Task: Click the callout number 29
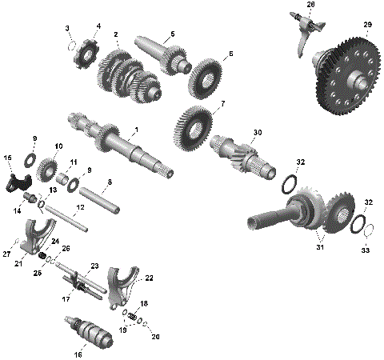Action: [x=367, y=26]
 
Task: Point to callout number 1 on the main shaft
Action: [x=137, y=130]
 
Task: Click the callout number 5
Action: [x=170, y=34]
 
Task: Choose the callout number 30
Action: [x=257, y=132]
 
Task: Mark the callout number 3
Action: [x=68, y=29]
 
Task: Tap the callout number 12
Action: [x=78, y=206]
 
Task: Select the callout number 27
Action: [x=6, y=254]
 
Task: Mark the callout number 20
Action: [x=155, y=337]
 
